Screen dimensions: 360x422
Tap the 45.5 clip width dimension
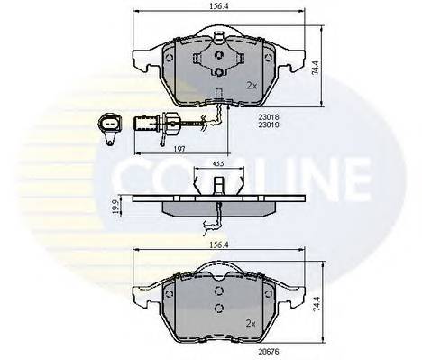218,166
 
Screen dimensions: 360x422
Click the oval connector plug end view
107,125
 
